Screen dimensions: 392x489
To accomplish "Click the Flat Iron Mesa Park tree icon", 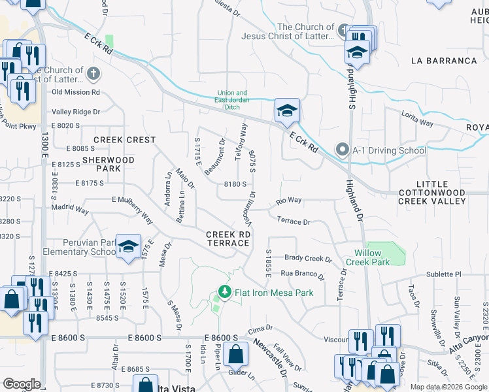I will pyautogui.click(x=225, y=291).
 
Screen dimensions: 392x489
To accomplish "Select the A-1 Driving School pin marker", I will pyautogui.click(x=342, y=150).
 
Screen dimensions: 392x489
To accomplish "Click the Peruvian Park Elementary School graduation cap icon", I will pyautogui.click(x=129, y=245).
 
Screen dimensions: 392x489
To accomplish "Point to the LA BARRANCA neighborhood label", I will pyautogui.click(x=444, y=61).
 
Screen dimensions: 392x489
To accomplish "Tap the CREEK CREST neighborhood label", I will pyautogui.click(x=124, y=140).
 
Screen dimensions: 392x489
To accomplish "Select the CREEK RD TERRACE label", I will pyautogui.click(x=228, y=238).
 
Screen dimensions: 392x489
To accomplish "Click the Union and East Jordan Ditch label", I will pyautogui.click(x=232, y=100).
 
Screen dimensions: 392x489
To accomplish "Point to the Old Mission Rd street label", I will pyautogui.click(x=75, y=92).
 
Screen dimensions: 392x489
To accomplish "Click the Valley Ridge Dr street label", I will pyautogui.click(x=76, y=112).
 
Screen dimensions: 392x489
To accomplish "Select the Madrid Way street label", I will pyautogui.click(x=71, y=210).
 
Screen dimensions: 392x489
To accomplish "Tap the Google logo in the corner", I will pyautogui.click(x=21, y=384).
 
